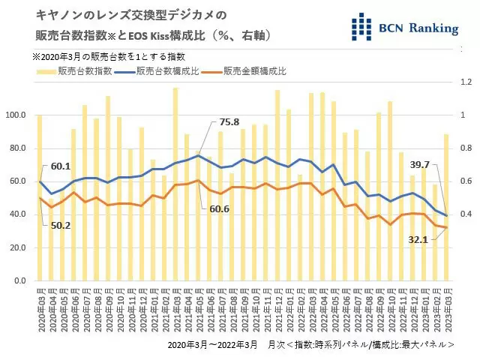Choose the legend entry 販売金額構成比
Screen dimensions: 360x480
[253, 71]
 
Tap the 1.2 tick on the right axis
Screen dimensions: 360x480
[465, 82]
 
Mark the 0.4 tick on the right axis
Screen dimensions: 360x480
[465, 214]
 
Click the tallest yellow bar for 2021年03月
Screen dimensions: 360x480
[175, 187]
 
